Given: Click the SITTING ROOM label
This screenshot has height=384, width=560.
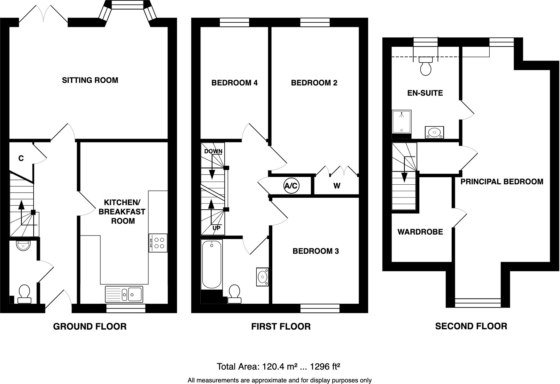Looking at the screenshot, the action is coord(90,80).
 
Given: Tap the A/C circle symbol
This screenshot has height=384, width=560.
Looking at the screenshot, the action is coord(291,186).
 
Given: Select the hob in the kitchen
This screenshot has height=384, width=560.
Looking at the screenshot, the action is coord(158,243).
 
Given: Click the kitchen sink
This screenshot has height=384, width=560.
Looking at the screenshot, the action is coord(124,294).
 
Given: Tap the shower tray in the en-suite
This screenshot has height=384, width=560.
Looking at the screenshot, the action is coord(402,122).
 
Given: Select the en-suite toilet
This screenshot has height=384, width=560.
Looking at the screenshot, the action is coord(425,66).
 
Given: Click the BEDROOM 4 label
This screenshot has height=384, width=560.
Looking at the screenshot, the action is coord(234,83).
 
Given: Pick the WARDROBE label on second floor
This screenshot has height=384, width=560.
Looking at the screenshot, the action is coord(420,232).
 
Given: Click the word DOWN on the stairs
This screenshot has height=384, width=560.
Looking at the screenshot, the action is coord(213,151).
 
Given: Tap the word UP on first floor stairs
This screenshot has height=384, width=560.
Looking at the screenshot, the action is coord(216,228).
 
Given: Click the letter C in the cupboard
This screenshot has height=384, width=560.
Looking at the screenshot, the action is coord(21,158).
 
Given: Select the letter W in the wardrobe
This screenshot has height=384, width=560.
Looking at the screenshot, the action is coord(337,186).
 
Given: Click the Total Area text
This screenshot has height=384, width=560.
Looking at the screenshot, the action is coord(278,366).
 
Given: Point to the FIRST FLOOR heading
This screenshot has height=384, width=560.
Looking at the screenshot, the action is coord(281,326).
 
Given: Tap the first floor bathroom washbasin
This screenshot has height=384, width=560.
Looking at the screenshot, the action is coord(262,276).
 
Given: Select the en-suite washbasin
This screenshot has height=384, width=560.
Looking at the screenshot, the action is coord(434,132).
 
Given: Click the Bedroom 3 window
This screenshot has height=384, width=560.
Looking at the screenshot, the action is coord(320,308).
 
